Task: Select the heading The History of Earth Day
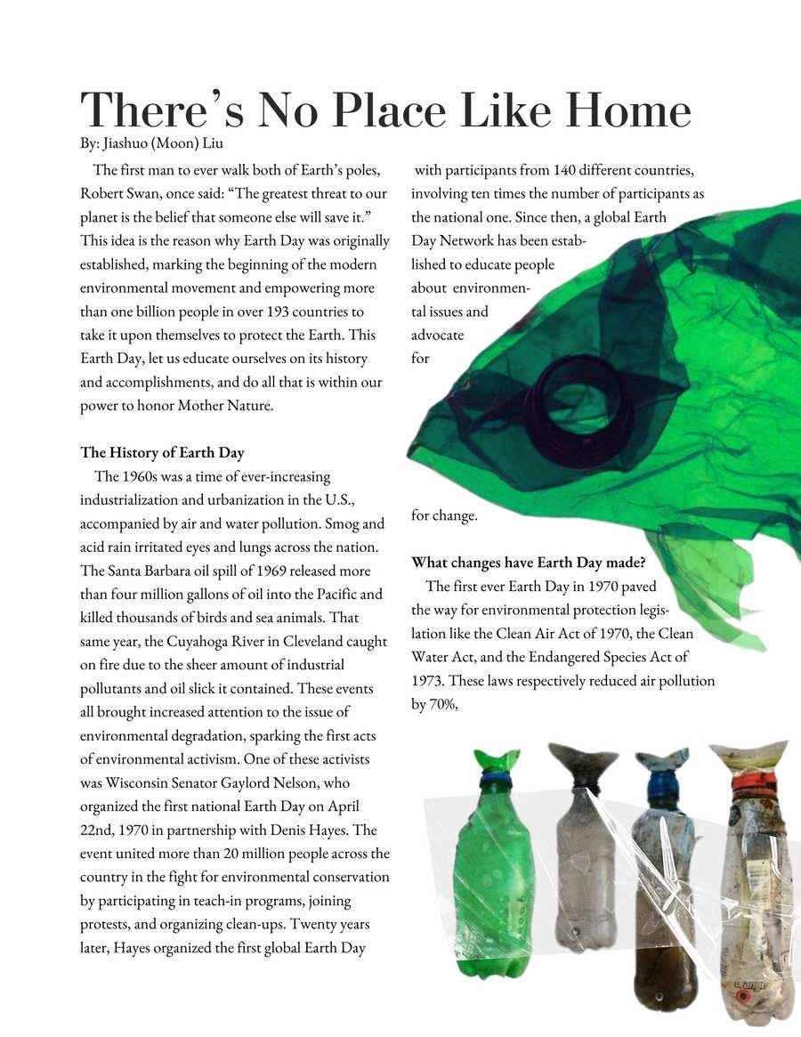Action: click(x=162, y=453)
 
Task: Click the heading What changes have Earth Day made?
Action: click(x=528, y=563)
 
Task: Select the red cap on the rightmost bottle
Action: click(x=750, y=784)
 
